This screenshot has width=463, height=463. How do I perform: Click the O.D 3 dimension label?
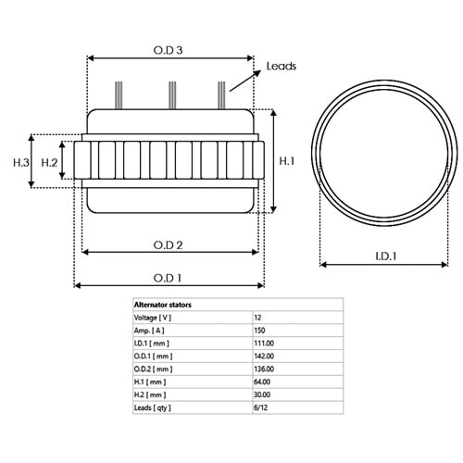pos(168,50)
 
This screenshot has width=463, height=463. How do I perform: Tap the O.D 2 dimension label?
pos(168,245)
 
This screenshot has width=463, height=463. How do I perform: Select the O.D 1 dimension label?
pos(168,278)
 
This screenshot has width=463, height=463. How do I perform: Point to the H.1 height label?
pos(287,161)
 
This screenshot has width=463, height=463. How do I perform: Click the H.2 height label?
pos(49,162)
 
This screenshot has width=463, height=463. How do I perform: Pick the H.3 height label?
pos(21,162)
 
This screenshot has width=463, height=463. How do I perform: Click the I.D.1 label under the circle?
pos(386,257)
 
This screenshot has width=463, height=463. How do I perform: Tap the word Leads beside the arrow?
pos(282,66)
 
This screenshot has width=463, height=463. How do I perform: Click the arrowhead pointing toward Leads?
pos(257,73)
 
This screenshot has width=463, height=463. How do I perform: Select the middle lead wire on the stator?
pos(172,95)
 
